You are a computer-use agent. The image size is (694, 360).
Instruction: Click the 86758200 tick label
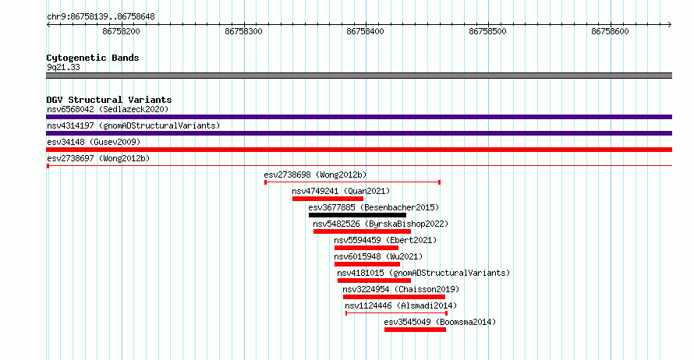[x=121, y=31]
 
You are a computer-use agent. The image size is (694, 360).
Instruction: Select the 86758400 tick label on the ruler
[x=365, y=31]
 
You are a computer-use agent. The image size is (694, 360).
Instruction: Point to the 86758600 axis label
[x=610, y=31]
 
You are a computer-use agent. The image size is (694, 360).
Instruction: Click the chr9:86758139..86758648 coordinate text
[x=101, y=17]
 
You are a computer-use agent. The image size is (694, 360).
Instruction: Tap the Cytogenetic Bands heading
[x=93, y=58]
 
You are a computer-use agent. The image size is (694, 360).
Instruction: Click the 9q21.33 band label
[x=63, y=67]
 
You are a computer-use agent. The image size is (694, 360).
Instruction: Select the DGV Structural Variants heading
[x=109, y=100]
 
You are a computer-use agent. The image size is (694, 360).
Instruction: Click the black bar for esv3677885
[x=357, y=215]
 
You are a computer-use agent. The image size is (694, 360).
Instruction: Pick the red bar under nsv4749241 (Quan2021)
[x=328, y=199]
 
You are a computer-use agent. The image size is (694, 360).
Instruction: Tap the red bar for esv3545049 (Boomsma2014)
[x=415, y=330]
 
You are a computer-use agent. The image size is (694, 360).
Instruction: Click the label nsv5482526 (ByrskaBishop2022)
[x=381, y=224]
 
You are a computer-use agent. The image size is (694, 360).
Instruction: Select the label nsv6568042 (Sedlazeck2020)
[x=108, y=109]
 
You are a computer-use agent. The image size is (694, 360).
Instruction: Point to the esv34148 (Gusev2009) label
[x=94, y=142]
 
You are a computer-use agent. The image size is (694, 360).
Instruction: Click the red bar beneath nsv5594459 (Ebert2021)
[x=366, y=248]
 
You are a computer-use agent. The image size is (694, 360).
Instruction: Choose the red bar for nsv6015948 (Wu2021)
[x=367, y=264]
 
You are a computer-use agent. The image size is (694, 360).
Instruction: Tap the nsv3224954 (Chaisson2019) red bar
[x=394, y=297]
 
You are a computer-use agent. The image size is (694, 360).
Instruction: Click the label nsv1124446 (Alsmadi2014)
[x=401, y=305]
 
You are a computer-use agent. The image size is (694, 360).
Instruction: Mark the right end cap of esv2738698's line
[x=439, y=182]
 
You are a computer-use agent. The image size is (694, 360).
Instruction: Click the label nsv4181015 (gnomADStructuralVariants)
[x=423, y=273]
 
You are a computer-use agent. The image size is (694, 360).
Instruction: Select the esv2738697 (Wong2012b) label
[x=98, y=158]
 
